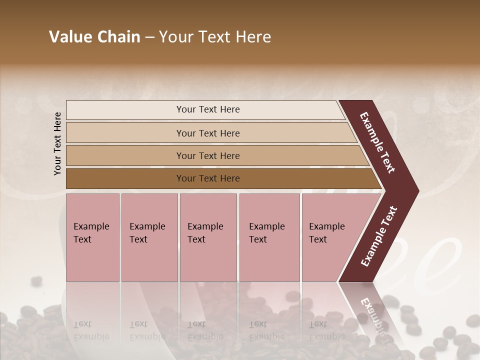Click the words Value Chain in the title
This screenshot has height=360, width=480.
coord(94,37)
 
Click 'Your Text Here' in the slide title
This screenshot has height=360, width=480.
coord(215,37)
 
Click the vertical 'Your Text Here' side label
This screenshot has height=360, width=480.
coord(57,143)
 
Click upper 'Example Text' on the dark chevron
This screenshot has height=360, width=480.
coord(377,142)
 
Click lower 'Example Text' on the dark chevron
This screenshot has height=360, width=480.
coord(379,236)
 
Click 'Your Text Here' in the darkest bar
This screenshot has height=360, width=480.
coord(208,178)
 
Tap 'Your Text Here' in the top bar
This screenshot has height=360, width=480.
coord(208,109)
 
